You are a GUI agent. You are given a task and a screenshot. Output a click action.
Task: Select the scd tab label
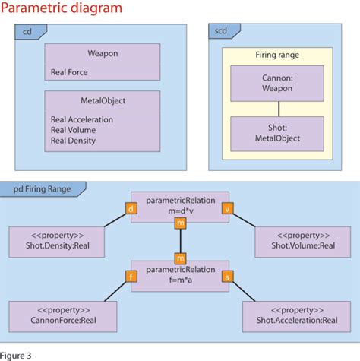click(220, 32)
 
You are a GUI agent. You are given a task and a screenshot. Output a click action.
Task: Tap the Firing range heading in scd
click(276, 56)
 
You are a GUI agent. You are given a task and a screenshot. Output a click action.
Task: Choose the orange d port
click(131, 207)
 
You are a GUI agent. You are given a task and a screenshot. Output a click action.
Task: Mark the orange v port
click(227, 207)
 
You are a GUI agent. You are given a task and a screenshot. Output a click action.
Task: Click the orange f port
click(131, 277)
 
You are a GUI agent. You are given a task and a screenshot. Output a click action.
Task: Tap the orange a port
click(227, 277)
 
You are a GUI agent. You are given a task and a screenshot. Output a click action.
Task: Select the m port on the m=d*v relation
click(180, 223)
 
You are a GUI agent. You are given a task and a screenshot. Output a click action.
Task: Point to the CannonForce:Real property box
click(63, 316)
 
